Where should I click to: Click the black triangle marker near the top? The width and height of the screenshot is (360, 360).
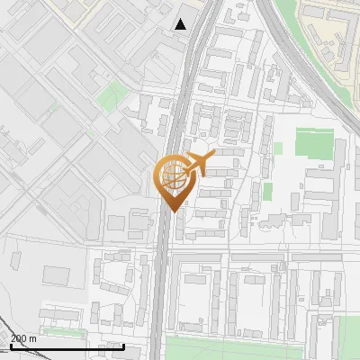181,24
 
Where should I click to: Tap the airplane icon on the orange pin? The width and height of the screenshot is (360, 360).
199,163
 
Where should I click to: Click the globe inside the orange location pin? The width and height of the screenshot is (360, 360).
173,177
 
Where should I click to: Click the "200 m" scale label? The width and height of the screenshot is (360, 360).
23,337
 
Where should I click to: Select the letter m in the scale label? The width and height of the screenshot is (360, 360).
32,337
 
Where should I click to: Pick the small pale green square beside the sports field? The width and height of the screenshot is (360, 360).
278,148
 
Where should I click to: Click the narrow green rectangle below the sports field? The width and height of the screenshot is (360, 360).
267,192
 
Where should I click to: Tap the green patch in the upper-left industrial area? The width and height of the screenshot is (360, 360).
112,94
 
